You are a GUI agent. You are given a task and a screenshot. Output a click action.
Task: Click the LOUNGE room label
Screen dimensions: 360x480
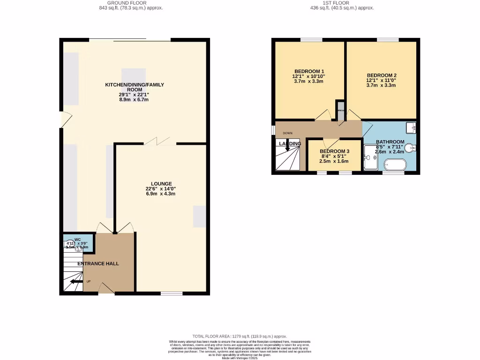pyautogui.click(x=161, y=184)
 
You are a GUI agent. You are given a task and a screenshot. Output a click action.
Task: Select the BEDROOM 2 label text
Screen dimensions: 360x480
pyautogui.click(x=382, y=75)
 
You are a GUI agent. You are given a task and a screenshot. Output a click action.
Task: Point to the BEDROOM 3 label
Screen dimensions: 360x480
pyautogui.click(x=335, y=151)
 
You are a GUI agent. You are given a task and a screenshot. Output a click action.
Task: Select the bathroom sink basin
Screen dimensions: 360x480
pyautogui.click(x=412, y=127)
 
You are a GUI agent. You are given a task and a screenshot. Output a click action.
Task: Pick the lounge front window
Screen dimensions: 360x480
pyautogui.click(x=172, y=293)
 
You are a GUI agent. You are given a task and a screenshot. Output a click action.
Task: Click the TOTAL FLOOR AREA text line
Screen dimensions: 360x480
pyautogui.click(x=240, y=336)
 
